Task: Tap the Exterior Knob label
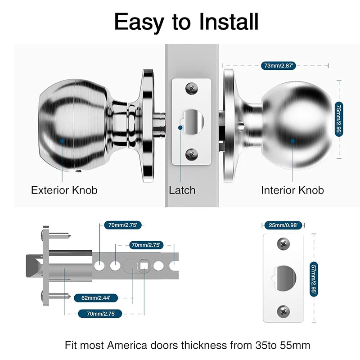tap(64, 190)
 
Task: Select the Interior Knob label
tap(292, 190)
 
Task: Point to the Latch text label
tap(182, 190)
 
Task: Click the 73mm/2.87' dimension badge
tap(278, 66)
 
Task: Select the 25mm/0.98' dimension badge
tap(283, 224)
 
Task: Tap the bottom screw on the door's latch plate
tap(192, 154)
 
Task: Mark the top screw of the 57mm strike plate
tap(283, 244)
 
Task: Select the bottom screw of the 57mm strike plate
tap(283, 310)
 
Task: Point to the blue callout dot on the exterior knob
tap(62, 141)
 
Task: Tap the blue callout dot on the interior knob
tap(292, 141)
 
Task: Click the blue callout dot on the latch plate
tap(181, 127)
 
